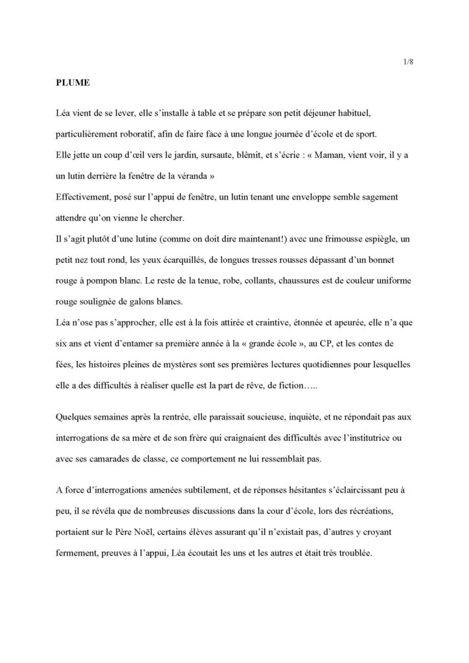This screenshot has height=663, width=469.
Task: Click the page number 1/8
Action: tap(409, 62)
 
